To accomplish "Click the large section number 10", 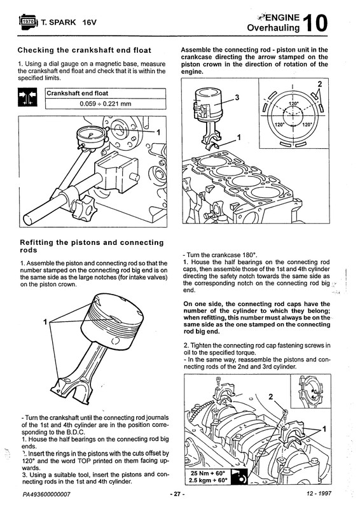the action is point(314,23).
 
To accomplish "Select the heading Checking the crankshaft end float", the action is point(85,50).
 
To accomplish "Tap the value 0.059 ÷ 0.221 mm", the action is point(106,104).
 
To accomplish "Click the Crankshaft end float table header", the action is point(77,94).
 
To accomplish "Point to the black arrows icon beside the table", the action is point(27,97).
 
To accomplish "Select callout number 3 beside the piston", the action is point(237,97).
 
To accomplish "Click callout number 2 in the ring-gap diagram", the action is point(320,85).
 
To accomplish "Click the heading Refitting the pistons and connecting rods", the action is point(92,246).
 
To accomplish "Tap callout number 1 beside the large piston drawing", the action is point(45,322).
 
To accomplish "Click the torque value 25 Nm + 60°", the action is point(208,473).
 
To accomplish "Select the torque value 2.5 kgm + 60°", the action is point(209,480).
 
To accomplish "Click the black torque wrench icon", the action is point(239,477).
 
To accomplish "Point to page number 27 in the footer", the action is point(177,494).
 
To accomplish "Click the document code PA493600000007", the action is point(46,494).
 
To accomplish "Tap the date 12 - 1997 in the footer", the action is point(319,494).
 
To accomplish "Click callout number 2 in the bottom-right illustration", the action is point(271,396).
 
